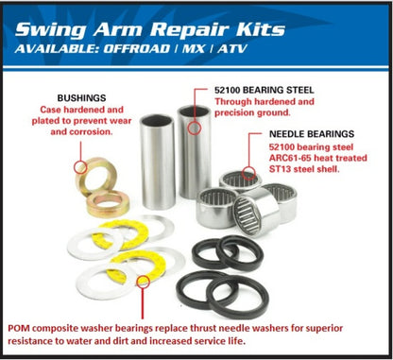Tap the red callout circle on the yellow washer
click(x=144, y=281)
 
